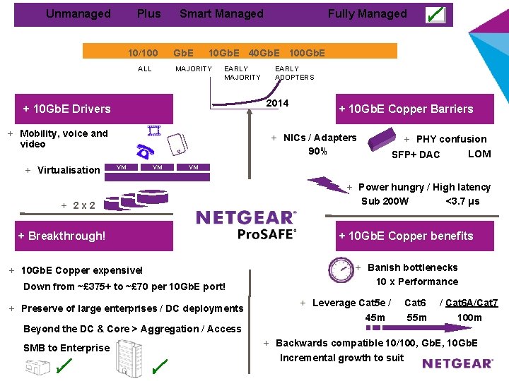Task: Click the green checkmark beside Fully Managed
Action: (x=435, y=15)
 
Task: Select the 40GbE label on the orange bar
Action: (x=264, y=53)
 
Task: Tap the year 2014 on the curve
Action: (x=277, y=103)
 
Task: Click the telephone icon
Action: (x=145, y=151)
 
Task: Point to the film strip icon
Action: (x=154, y=131)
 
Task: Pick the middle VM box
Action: (x=158, y=167)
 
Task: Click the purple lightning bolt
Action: (x=328, y=185)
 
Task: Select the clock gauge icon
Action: (x=341, y=270)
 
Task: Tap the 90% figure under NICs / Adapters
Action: (x=317, y=151)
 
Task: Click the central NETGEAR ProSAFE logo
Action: (x=247, y=225)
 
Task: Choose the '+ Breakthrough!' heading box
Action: (x=94, y=236)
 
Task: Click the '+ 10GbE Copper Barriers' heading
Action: (x=415, y=109)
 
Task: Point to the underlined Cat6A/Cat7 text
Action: (x=472, y=303)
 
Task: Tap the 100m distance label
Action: (x=469, y=317)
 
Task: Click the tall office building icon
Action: (x=129, y=358)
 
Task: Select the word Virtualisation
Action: (x=69, y=170)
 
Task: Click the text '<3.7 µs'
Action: (x=462, y=201)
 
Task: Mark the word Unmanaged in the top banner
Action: (x=78, y=13)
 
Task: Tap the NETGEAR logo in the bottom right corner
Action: (x=457, y=363)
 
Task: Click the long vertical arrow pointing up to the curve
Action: (x=250, y=144)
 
